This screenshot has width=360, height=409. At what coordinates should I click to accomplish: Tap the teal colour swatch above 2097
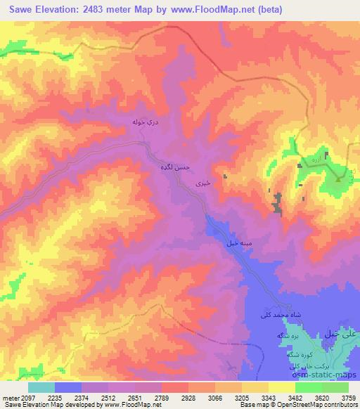coord(41,387)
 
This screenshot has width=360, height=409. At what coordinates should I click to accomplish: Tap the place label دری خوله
coord(146,122)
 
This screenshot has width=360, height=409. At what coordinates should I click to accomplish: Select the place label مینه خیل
coord(238,243)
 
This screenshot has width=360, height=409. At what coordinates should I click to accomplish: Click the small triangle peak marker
coord(338,178)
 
